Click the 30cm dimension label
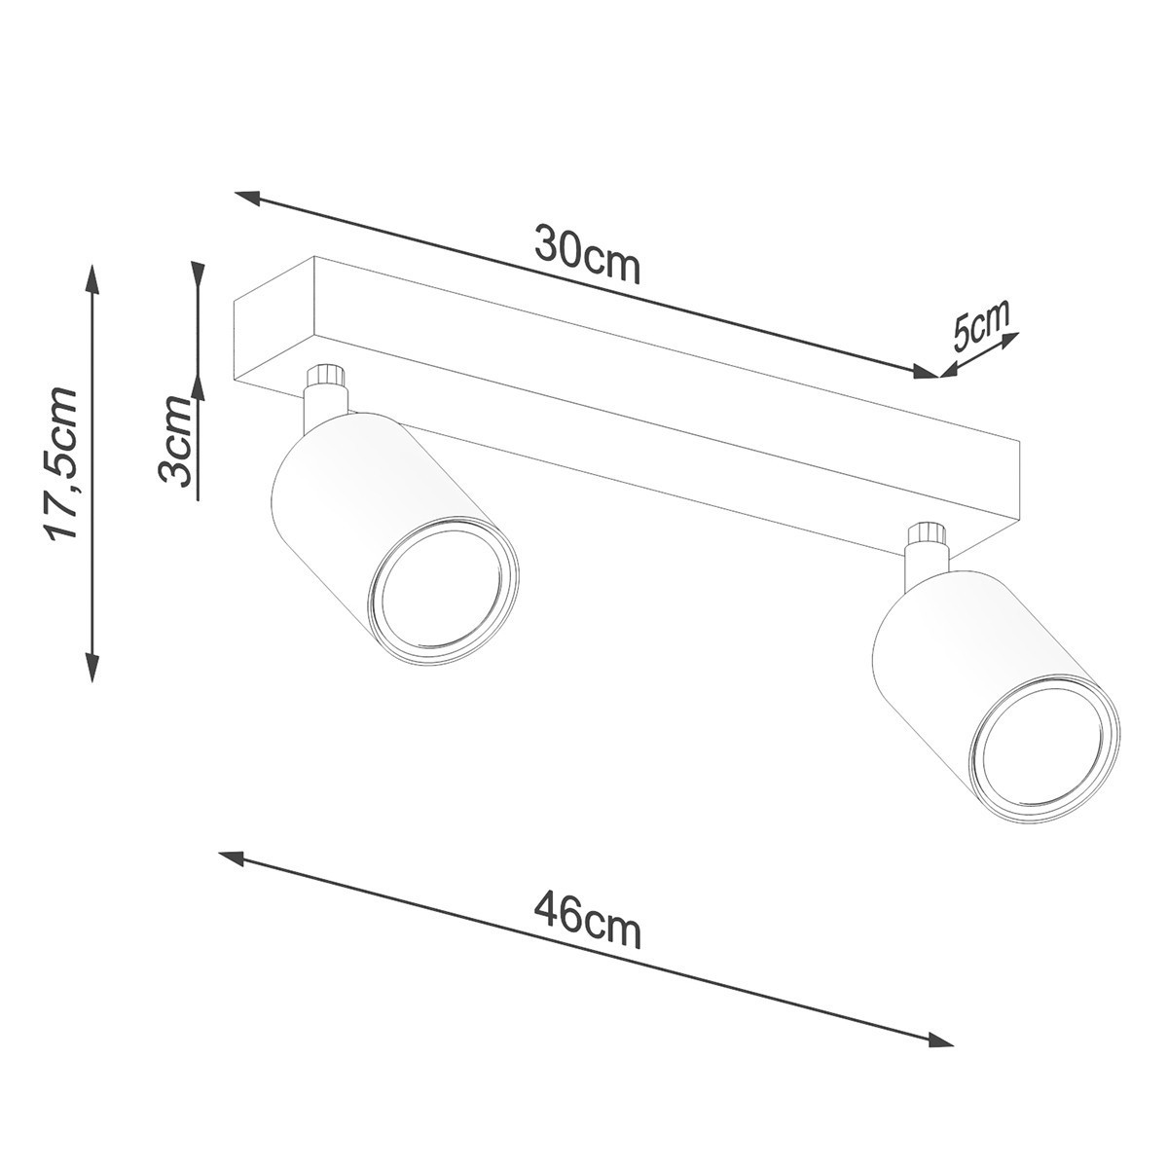587,256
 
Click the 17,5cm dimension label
60,462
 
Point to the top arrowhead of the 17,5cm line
92,274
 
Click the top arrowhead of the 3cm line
198,274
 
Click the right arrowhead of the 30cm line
925,372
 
